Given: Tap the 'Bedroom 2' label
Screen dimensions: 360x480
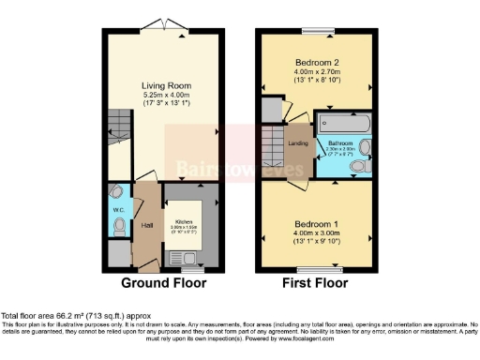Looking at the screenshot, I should (316, 60).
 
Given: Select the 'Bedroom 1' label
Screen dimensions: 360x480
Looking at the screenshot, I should (316, 225).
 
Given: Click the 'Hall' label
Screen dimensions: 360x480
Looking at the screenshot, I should (145, 226).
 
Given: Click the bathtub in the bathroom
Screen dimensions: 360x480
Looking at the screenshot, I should (344, 124).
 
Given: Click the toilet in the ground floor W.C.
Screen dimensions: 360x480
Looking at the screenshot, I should (116, 193).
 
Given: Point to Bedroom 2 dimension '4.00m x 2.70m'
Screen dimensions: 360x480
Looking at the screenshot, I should (316, 70).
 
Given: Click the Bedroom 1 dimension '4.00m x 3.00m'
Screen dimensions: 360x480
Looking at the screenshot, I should (316, 235).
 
